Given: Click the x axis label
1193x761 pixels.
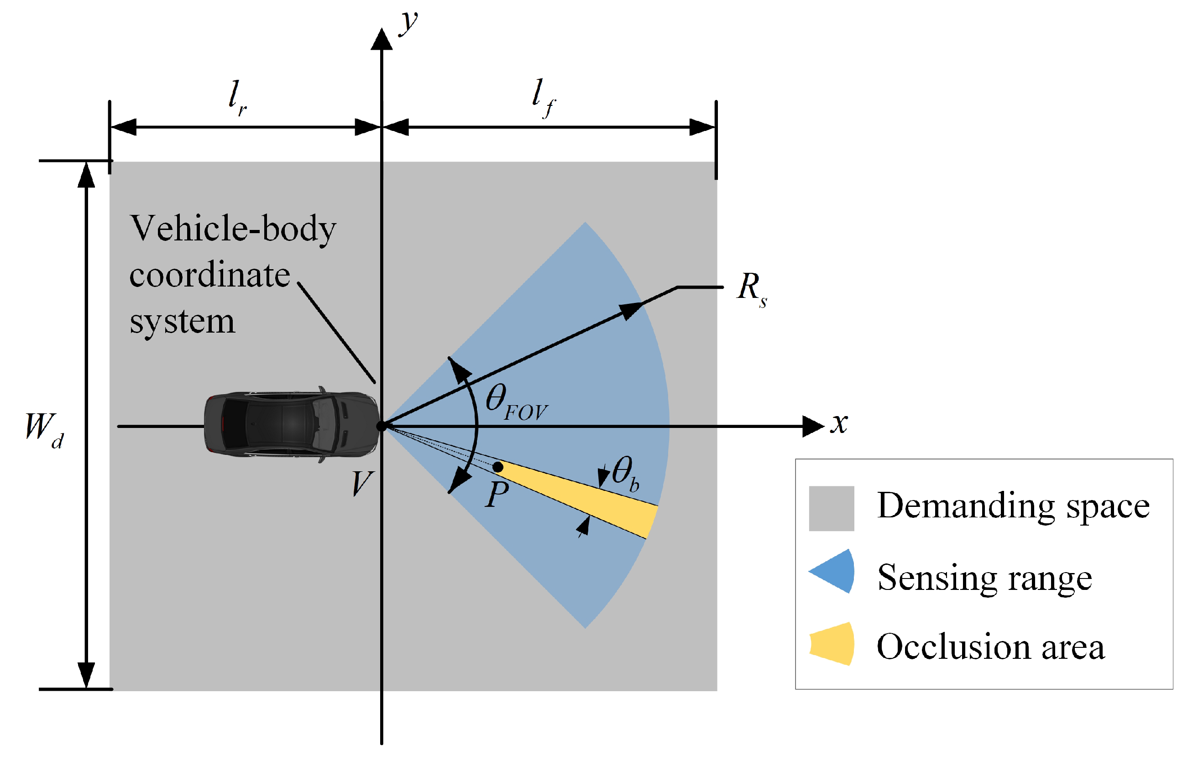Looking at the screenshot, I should [839, 423].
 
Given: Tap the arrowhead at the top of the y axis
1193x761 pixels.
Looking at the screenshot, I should [382, 40].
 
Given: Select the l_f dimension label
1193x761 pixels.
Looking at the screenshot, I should [543, 97].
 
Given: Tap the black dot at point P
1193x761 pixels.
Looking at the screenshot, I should [498, 467].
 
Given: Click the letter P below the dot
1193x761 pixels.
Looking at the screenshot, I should [497, 494].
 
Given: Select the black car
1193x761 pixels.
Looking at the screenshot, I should [291, 425].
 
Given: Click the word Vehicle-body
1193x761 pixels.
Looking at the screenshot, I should [233, 229].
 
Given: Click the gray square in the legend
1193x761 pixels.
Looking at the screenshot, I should [832, 509].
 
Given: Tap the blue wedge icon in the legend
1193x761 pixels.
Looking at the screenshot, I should [834, 571].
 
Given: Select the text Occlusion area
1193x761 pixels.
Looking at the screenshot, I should [991, 646].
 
